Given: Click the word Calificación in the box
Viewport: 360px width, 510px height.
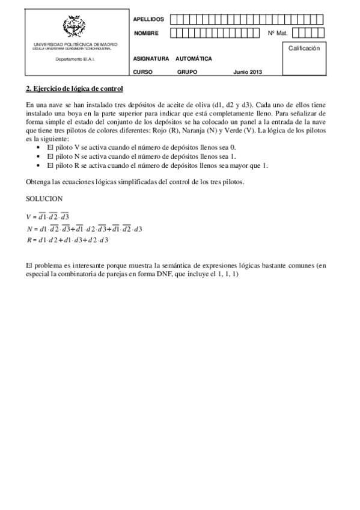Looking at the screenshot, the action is tap(304, 48).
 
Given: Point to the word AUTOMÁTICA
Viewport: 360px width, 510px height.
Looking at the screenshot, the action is tap(194, 60).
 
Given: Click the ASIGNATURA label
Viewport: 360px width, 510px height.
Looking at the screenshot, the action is tap(151, 60).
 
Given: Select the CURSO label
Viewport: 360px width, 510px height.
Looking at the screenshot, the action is tap(143, 72).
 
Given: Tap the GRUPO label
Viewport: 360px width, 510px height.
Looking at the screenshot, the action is tap(188, 72).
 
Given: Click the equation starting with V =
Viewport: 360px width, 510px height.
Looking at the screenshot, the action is tap(48, 217).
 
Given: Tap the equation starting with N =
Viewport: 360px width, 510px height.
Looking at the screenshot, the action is tap(84, 229).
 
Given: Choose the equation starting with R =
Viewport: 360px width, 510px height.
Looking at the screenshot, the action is tap(67, 241).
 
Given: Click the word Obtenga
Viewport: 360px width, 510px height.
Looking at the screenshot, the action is tap(38, 182).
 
